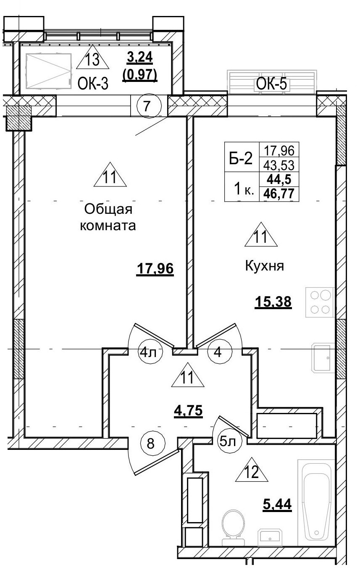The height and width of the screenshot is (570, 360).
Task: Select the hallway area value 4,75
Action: click(189, 410)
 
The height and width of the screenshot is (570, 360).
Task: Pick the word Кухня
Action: click(265, 266)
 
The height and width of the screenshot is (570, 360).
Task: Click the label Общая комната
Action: click(108, 217)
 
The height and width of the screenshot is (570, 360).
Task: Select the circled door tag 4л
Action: click(147, 352)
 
